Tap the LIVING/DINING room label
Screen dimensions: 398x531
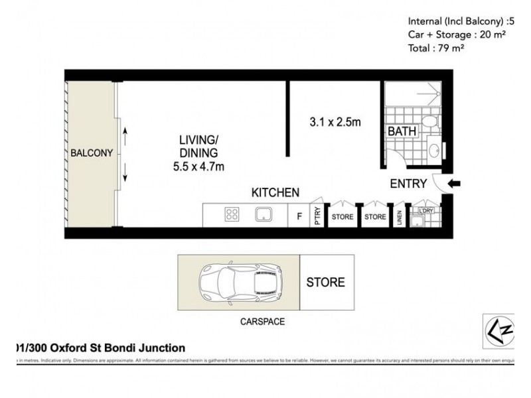[x=198, y=147]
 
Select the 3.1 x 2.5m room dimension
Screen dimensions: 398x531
[x=335, y=121]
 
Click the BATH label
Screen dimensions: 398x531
[x=402, y=131]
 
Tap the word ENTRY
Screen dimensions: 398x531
[x=408, y=184]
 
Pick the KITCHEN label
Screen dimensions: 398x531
[x=275, y=192]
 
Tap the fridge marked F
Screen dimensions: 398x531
[x=299, y=216]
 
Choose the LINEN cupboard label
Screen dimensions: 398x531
[x=400, y=217]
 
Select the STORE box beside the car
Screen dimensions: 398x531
[x=325, y=283]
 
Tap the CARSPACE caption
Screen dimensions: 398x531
[x=262, y=321]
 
